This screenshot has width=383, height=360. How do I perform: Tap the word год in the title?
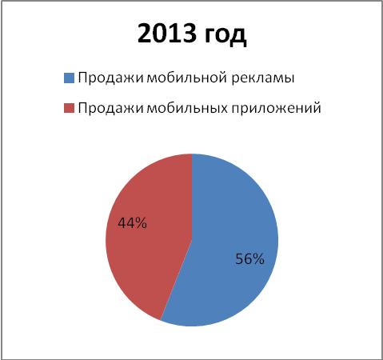tap(225, 35)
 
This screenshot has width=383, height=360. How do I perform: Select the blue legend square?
tap(69, 78)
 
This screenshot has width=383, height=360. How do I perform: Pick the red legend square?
tap(69, 108)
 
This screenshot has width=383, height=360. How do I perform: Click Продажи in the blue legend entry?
tap(111, 78)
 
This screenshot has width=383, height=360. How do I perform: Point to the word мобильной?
tap(186, 78)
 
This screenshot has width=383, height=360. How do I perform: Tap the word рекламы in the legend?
tap(262, 79)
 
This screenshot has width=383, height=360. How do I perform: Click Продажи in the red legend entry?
tap(111, 108)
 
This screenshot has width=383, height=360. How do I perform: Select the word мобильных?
tap(187, 108)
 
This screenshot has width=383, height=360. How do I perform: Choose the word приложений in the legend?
tap(276, 108)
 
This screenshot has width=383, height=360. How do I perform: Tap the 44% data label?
tap(132, 223)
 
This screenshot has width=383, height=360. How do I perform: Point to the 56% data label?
tap(249, 258)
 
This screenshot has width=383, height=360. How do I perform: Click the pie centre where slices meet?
tap(192, 240)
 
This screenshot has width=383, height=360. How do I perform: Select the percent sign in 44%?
tap(141, 223)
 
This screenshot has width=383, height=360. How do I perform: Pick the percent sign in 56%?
tap(258, 258)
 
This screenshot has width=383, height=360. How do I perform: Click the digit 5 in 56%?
tap(239, 258)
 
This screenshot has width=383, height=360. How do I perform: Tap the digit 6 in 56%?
tap(248, 258)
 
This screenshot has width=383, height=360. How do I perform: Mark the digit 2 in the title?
tap(145, 34)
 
